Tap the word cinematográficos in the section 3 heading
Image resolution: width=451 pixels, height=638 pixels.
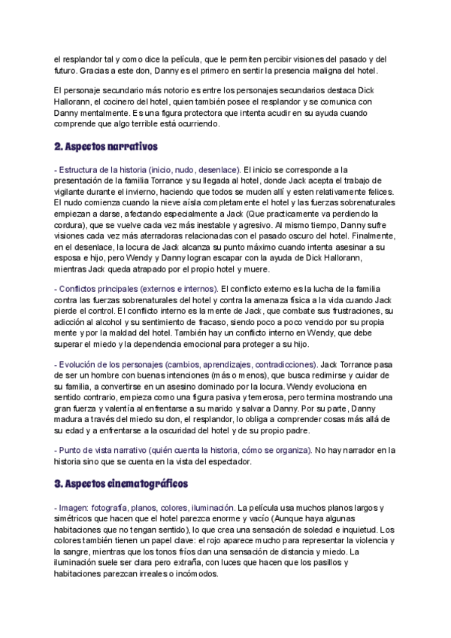point(144,482)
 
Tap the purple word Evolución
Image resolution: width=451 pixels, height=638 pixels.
point(82,362)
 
